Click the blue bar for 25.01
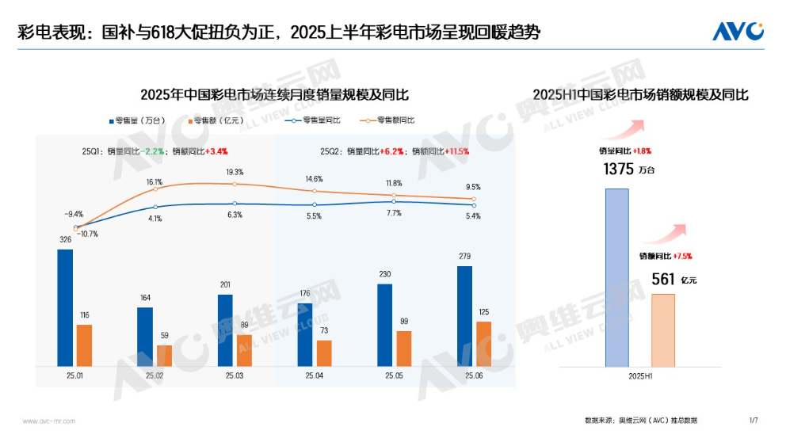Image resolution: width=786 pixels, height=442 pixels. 65,307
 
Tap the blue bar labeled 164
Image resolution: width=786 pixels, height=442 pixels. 145,337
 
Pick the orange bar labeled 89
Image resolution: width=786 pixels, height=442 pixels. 245,350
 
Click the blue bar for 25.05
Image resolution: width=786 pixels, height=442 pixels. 385,325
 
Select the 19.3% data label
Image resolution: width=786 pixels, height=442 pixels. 235,172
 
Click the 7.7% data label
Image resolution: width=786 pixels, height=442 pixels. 395,214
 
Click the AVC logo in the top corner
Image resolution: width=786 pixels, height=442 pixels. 737,31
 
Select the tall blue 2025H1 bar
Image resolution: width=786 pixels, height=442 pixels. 617,277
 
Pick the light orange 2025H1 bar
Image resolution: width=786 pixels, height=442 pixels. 663,330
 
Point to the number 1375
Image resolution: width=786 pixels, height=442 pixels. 619,169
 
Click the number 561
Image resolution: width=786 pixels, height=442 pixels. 662,279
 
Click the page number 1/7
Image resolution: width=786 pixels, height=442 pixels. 754,420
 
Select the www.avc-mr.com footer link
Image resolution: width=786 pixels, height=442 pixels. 48,421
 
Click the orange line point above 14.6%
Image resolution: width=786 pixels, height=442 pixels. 315,191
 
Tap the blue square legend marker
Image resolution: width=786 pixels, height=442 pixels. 112,120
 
